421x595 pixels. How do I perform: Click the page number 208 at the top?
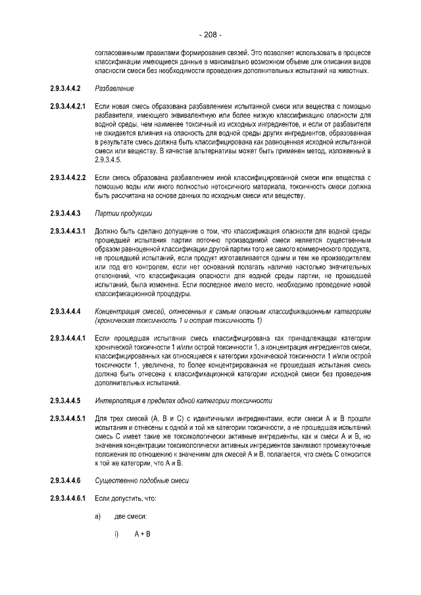click(210, 34)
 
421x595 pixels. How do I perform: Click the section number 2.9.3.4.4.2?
click(64, 88)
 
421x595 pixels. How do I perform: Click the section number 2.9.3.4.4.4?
click(64, 311)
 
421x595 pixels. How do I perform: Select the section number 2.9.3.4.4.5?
click(64, 400)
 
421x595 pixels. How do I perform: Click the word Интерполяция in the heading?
click(118, 400)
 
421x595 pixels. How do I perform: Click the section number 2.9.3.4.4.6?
click(64, 480)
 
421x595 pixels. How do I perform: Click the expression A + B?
click(143, 533)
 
